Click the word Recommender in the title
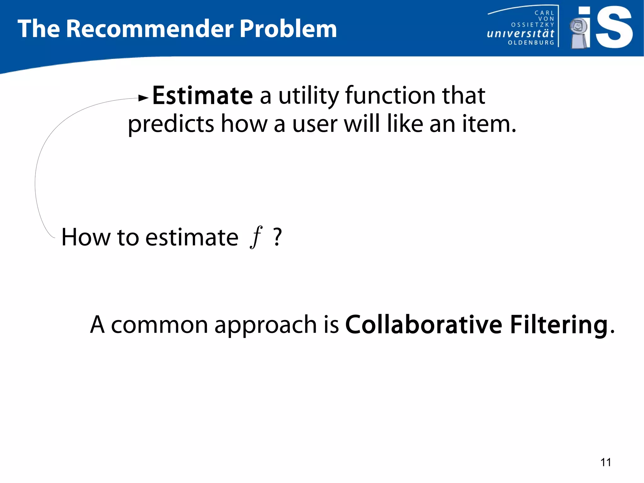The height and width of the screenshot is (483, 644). [150, 29]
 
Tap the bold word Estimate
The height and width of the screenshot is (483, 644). [203, 96]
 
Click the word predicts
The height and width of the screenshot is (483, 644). [171, 124]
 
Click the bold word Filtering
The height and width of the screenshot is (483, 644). [558, 325]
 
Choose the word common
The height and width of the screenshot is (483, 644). [159, 325]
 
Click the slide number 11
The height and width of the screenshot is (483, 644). [606, 462]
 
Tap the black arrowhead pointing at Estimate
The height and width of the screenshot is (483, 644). [143, 98]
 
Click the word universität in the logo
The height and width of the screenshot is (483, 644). [520, 33]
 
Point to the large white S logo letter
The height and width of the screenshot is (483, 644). [613, 28]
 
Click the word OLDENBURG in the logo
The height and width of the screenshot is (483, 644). [531, 42]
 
